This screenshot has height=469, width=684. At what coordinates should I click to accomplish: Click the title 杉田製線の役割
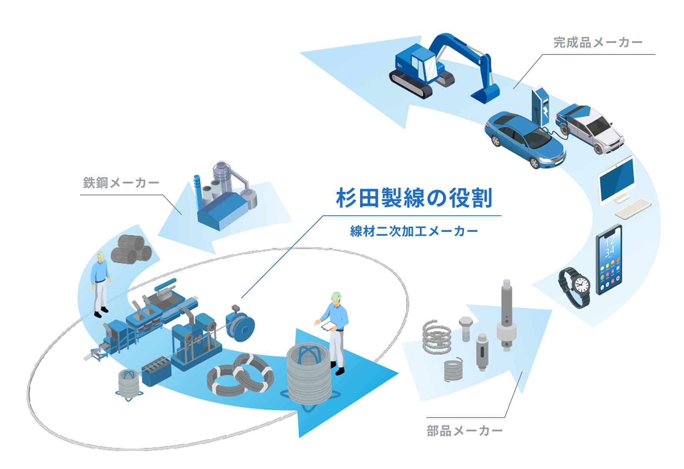click(414, 198)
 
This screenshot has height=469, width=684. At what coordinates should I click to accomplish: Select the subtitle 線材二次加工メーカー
click(414, 231)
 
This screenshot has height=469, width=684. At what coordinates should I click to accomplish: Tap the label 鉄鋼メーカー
click(121, 183)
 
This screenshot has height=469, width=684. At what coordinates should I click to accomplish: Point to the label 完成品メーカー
click(598, 43)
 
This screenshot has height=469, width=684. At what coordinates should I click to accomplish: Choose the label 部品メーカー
click(464, 431)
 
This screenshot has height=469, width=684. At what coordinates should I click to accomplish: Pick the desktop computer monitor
click(617, 180)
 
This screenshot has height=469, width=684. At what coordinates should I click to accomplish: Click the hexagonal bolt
click(466, 328)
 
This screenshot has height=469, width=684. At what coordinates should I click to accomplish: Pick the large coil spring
click(437, 337)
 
